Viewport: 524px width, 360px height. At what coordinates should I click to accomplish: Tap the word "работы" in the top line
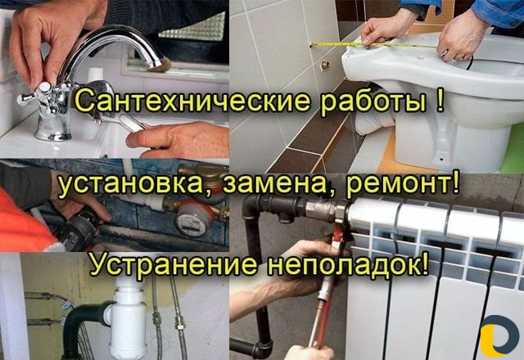tap(373, 101)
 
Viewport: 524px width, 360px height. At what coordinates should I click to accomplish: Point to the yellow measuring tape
tap(375, 45)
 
